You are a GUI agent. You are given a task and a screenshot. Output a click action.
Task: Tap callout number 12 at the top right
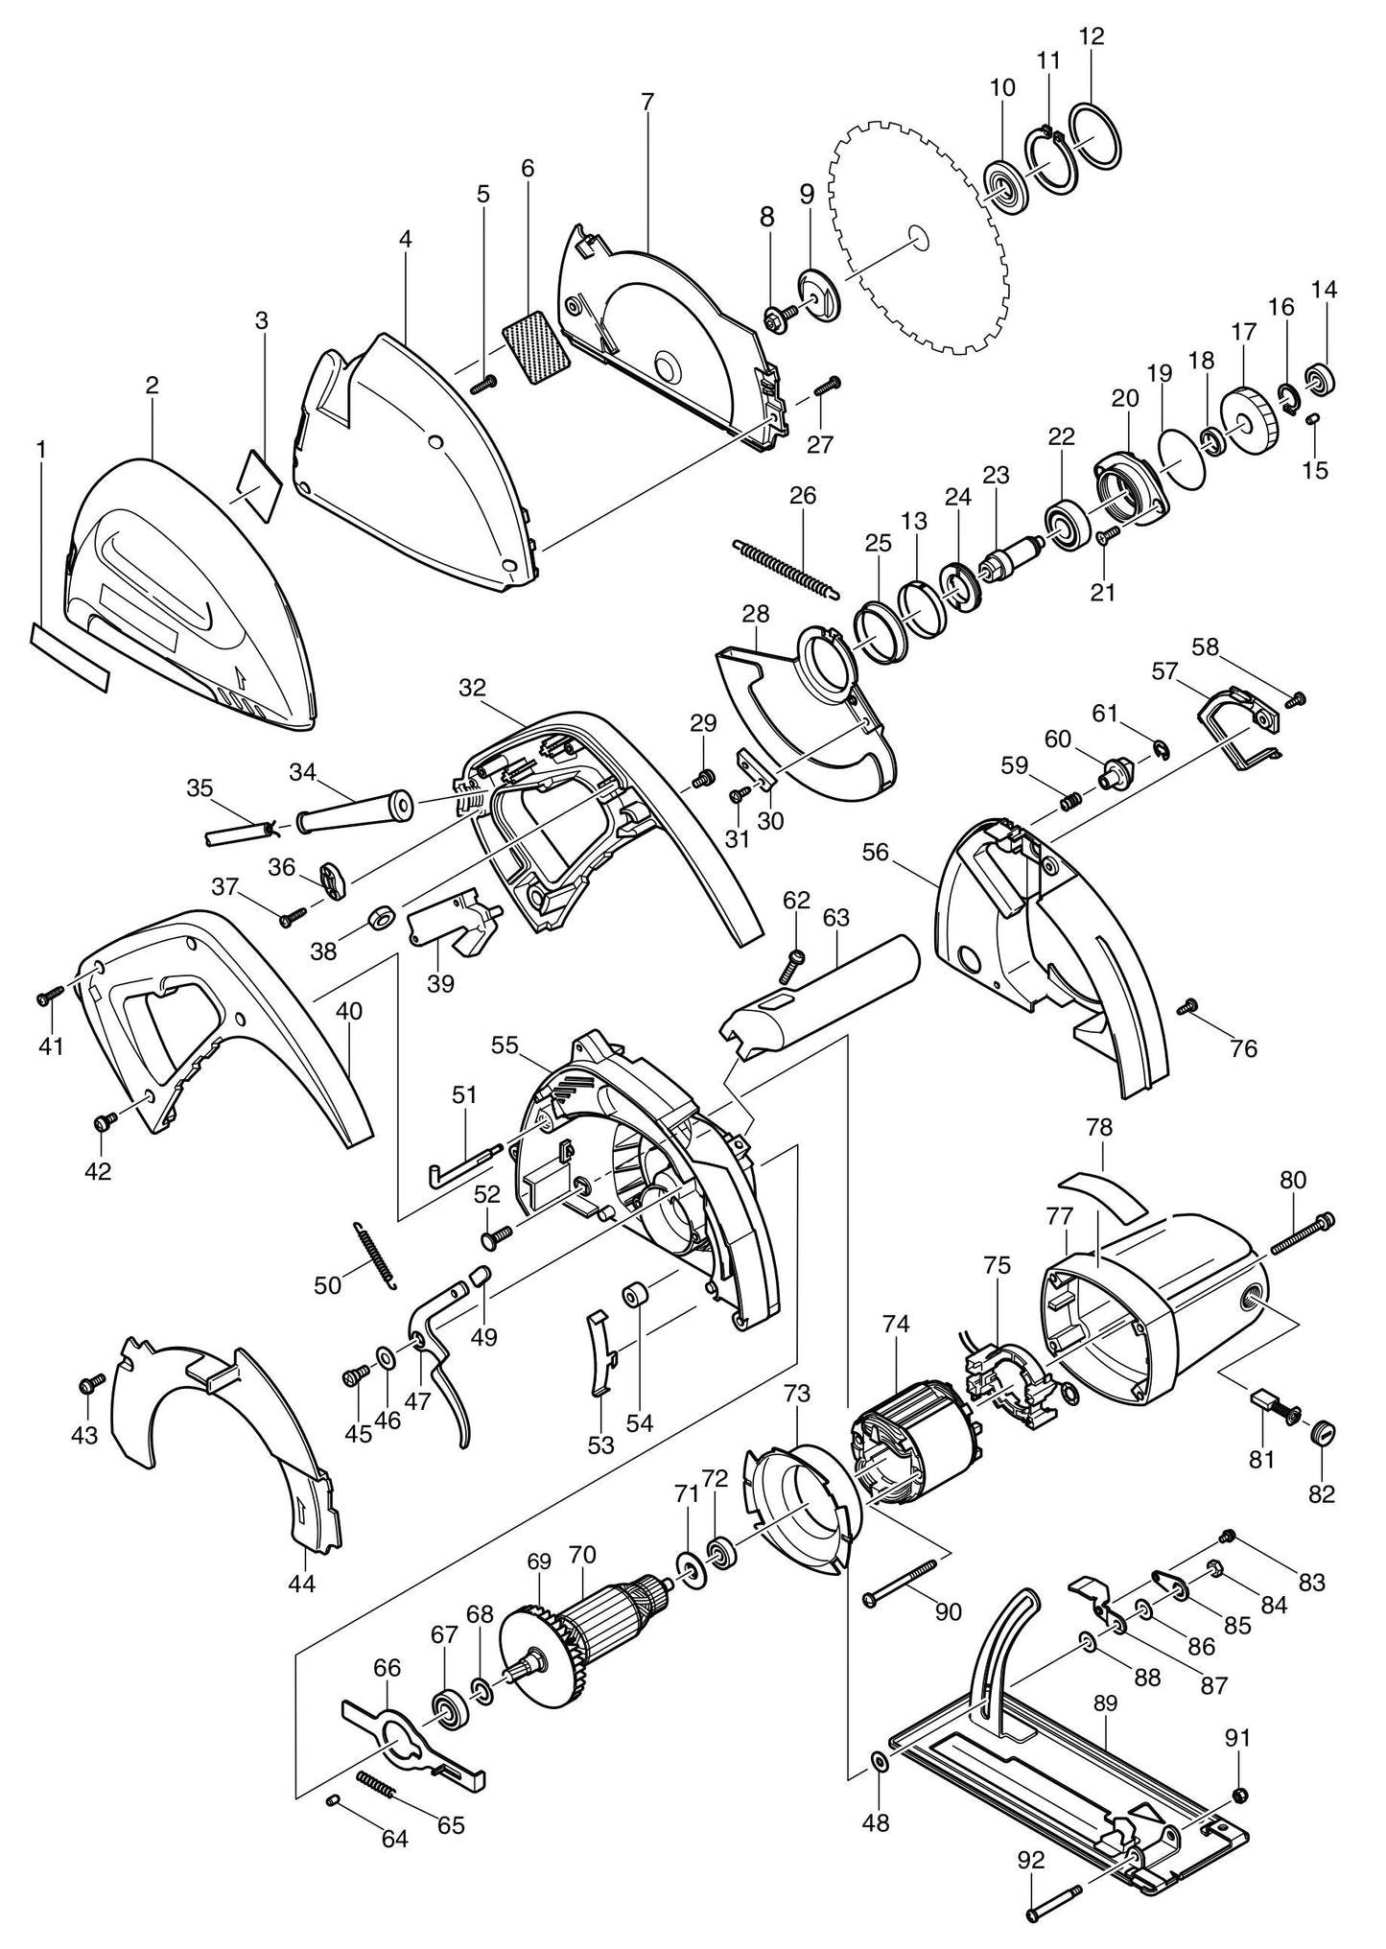[1092, 37]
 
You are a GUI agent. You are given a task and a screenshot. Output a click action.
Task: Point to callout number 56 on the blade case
[875, 851]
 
